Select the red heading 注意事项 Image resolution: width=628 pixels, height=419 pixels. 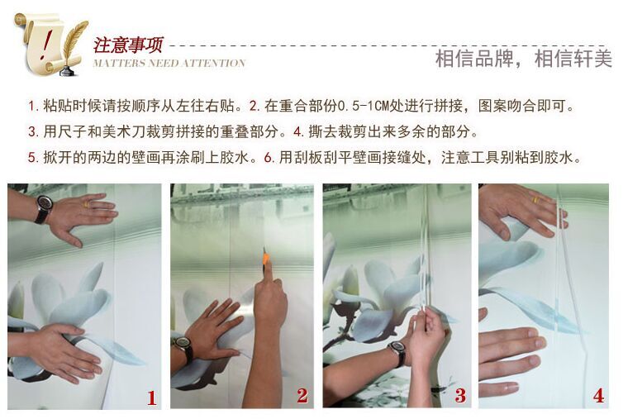coord(129,45)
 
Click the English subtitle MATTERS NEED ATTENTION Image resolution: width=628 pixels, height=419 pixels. coord(169,64)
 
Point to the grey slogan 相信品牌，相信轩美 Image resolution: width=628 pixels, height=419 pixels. coord(523,59)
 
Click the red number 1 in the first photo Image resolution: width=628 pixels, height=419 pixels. coord(151,398)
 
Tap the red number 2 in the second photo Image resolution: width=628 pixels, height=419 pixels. coord(302,396)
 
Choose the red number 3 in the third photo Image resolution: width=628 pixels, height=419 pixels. coord(460,396)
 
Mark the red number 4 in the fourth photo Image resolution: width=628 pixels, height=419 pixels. coord(599,396)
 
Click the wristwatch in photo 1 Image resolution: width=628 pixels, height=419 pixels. coord(43,208)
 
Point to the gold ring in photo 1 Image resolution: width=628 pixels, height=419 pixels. coord(87,204)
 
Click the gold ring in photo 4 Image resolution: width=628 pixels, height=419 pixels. coord(536,199)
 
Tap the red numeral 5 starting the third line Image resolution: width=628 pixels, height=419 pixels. coord(31,157)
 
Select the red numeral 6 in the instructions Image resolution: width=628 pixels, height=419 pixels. coord(268,157)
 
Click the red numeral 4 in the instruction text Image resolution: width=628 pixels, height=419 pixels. coord(297,131)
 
